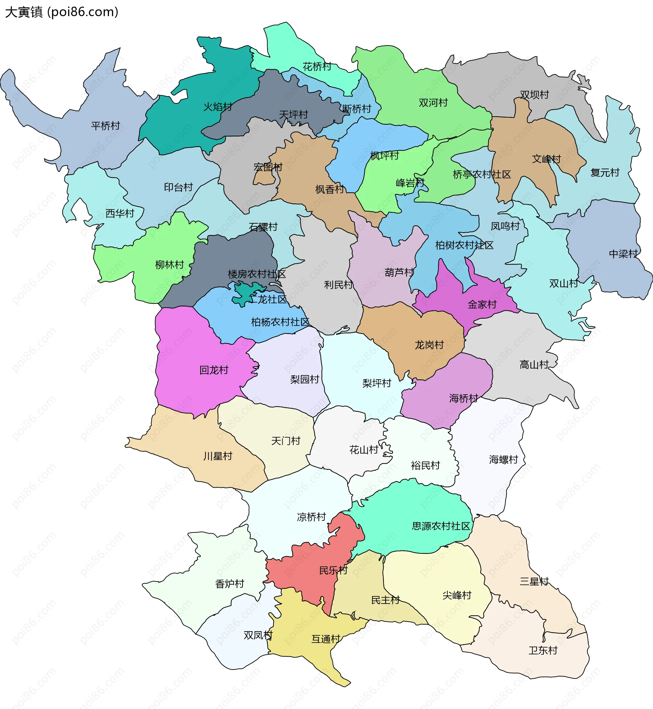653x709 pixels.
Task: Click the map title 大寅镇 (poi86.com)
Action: (62, 12)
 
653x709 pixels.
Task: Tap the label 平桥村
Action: (105, 126)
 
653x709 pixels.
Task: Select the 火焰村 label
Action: (217, 107)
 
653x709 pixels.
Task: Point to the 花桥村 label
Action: (317, 66)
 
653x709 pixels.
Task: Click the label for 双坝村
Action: (534, 94)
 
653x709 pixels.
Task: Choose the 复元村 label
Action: (605, 173)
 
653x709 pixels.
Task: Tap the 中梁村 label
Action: (623, 254)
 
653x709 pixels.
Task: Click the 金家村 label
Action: (482, 304)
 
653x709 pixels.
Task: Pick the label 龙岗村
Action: (429, 345)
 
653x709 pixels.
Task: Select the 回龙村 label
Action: (214, 370)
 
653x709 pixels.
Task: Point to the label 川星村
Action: (218, 456)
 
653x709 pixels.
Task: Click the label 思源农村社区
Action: (441, 526)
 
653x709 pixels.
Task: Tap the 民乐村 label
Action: (333, 570)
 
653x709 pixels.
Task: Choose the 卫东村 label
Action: (543, 651)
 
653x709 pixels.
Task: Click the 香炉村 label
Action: (230, 584)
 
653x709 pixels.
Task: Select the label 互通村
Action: (325, 639)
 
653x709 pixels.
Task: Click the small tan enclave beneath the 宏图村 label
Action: (264, 178)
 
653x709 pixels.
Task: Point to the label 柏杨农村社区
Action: (280, 322)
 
